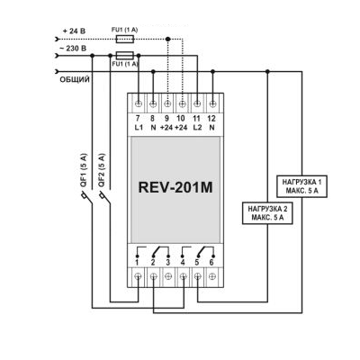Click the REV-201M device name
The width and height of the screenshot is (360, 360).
(175, 187)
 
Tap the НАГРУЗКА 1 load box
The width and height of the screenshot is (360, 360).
(301, 186)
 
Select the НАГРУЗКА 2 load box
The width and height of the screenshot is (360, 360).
(267, 213)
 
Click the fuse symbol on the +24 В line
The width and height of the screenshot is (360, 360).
(125, 39)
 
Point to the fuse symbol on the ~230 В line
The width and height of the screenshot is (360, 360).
(125, 55)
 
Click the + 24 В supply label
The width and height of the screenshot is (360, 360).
(74, 31)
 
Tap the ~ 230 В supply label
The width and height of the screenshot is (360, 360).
(73, 48)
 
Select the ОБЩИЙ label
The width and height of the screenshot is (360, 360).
(75, 79)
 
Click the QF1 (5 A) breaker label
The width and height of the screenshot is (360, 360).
(84, 171)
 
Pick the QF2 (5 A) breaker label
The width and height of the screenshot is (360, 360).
(102, 171)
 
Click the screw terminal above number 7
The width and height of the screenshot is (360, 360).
(139, 103)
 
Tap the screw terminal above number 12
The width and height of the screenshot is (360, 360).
(212, 103)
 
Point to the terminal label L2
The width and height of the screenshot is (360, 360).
(197, 127)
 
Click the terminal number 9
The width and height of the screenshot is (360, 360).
(167, 119)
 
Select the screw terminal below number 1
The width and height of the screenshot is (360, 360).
(138, 276)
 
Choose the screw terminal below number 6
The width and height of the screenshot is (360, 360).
(212, 276)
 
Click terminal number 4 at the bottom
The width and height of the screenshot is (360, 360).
(183, 263)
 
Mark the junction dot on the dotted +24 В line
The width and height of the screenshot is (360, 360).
(168, 39)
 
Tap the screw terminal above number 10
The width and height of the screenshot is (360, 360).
(182, 103)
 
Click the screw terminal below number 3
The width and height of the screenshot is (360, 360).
(168, 276)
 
